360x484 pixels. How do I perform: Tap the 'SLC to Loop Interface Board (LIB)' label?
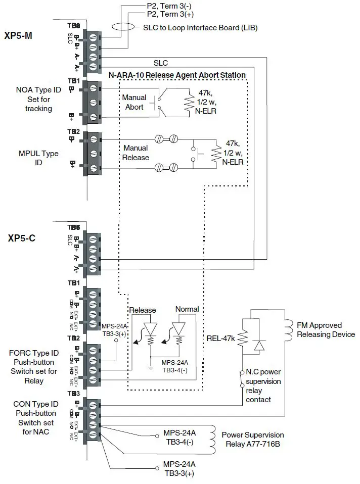coord(200,28)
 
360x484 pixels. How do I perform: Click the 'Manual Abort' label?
coord(134,102)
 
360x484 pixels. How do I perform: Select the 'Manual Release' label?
coord(136,153)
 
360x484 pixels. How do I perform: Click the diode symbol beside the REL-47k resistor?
coord(259,345)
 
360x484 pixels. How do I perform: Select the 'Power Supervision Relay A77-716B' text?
coord(253,439)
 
